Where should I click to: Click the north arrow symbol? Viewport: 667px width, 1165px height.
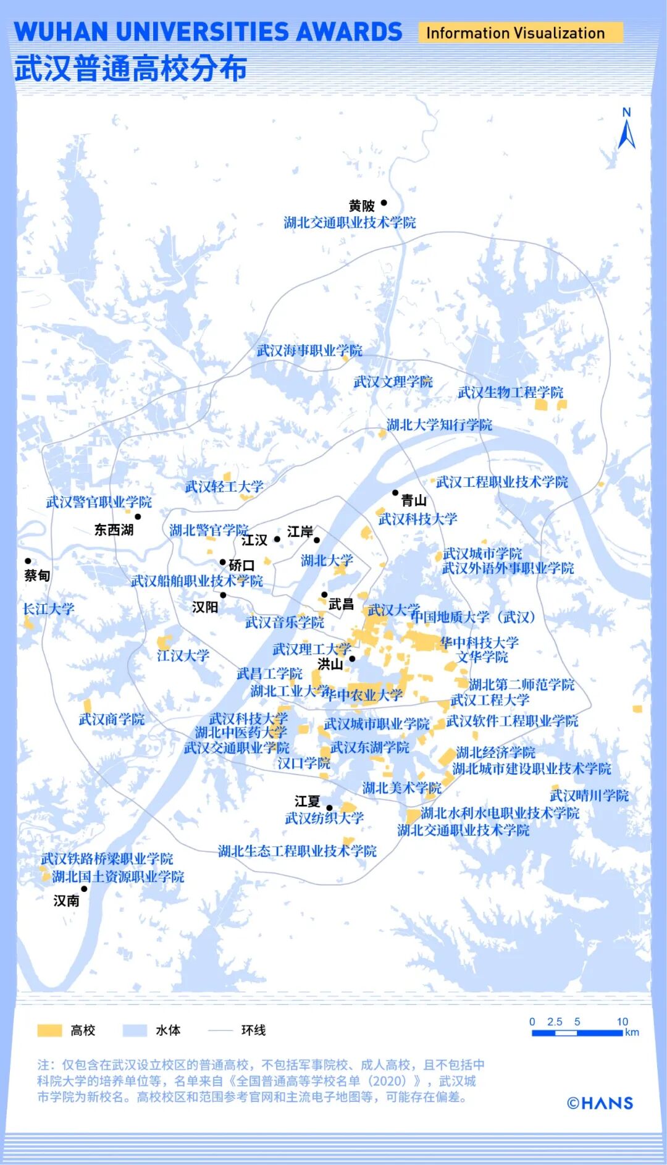[x=626, y=131]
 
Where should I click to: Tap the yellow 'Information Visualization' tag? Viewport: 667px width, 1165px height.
[x=515, y=33]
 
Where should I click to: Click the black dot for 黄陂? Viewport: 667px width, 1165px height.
[x=384, y=203]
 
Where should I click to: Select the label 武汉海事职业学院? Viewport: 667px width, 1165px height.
[x=309, y=351]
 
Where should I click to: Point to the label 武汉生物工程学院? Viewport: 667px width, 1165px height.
[x=510, y=392]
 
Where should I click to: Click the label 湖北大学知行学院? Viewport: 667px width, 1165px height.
[x=439, y=425]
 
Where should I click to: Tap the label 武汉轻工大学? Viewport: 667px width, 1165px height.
[x=224, y=487]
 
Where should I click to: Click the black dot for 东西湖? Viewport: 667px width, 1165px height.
[x=138, y=516]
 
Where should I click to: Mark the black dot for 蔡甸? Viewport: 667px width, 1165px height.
[x=28, y=561]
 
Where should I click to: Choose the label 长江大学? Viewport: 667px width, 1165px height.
[x=48, y=609]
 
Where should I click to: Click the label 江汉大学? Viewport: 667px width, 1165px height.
[x=183, y=655]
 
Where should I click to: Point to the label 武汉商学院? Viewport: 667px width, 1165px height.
[x=112, y=719]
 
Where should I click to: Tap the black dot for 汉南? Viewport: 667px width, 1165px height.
[x=84, y=889]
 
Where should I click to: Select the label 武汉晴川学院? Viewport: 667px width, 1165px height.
[x=589, y=796]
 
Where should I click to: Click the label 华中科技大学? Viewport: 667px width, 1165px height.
[x=479, y=642]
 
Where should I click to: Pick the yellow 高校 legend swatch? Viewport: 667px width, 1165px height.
[x=49, y=1030]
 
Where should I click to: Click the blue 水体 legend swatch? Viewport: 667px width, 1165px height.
[x=135, y=1030]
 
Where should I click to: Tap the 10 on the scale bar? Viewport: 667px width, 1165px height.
[x=622, y=1022]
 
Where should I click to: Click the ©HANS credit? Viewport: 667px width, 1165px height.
[x=600, y=1103]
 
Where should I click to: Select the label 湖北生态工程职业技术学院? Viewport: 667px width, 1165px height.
[x=297, y=851]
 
